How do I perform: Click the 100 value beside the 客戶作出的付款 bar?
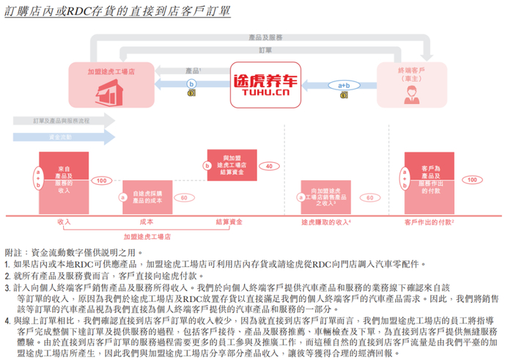click(x=473, y=180)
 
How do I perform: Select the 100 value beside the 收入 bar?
click(x=100, y=180)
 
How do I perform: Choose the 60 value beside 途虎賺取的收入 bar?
click(x=370, y=197)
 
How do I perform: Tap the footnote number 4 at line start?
click(x=7, y=320)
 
